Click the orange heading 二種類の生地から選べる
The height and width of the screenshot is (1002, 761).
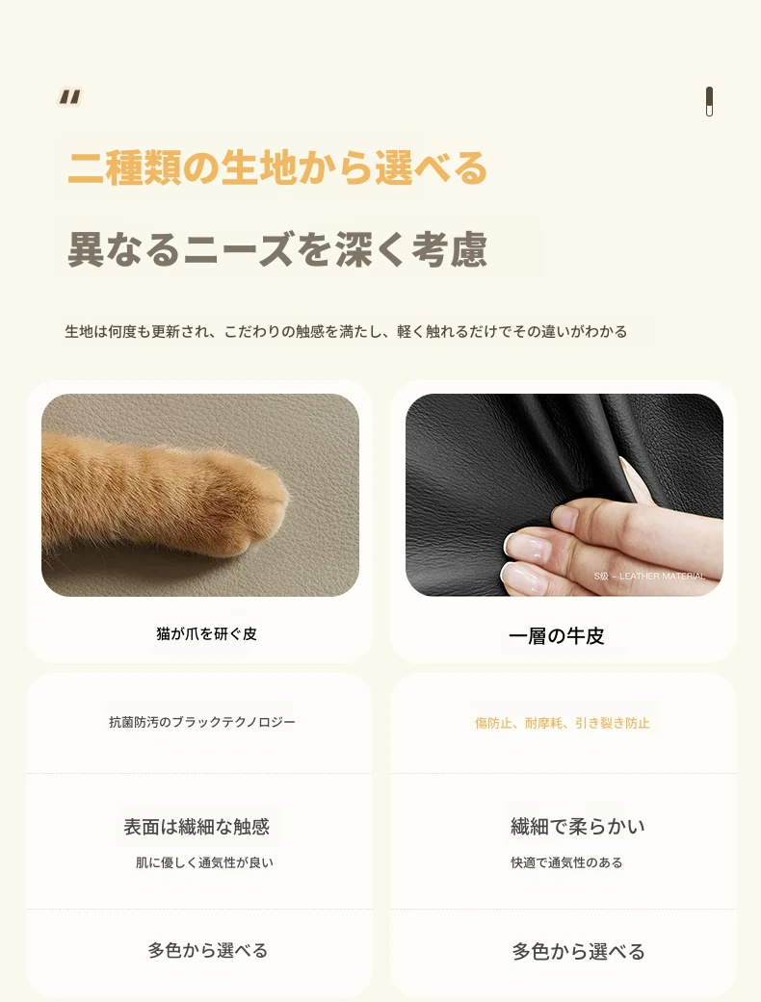277,168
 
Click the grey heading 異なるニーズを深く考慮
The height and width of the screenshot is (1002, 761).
277,249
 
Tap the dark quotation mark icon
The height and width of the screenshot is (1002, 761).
69,96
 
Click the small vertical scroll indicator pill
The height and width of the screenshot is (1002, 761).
709,102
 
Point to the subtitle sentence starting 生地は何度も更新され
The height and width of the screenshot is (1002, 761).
346,332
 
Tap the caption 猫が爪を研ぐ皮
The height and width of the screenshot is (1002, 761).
206,634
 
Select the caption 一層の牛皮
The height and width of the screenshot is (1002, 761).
557,636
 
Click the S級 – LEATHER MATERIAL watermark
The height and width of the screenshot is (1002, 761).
649,577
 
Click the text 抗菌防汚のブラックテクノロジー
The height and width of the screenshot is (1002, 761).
202,722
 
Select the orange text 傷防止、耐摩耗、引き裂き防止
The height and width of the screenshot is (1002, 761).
563,724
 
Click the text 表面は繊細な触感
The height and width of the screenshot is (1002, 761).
197,827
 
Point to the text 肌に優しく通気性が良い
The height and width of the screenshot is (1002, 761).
204,862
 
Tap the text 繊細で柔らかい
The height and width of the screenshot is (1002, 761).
577,826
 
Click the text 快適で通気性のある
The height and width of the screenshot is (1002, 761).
566,862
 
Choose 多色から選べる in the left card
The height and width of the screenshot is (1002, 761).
208,951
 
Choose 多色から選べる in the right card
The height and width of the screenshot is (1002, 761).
578,952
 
